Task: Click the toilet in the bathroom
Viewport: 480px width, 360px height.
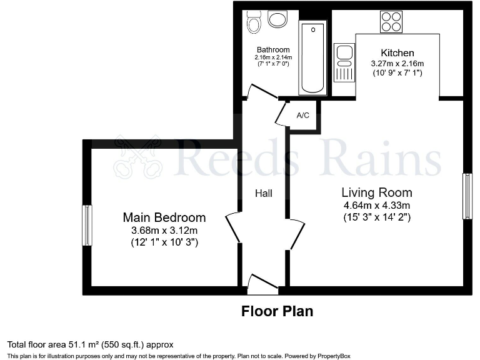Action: coord(254,21)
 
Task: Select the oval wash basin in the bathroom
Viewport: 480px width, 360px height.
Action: coord(277,19)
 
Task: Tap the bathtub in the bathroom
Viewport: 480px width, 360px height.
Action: coord(312,58)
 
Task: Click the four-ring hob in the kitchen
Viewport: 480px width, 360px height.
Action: coord(391,22)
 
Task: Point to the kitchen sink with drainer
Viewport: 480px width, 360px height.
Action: coord(344,62)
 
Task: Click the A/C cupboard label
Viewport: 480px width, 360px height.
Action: coord(303,116)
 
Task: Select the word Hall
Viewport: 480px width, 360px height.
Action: coord(263,194)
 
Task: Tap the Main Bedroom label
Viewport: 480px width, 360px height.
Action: coord(164,217)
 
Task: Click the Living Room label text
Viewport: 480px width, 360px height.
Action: coord(377,192)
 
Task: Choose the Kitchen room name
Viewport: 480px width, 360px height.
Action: coord(397,53)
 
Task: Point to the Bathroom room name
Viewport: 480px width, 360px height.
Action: coord(273,50)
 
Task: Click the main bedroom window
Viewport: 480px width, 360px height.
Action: coord(87,225)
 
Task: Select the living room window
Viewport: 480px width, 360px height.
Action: coord(467,196)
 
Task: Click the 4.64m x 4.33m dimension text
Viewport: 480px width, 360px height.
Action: coord(377,205)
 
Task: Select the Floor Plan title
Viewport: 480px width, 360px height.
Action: coord(277,311)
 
